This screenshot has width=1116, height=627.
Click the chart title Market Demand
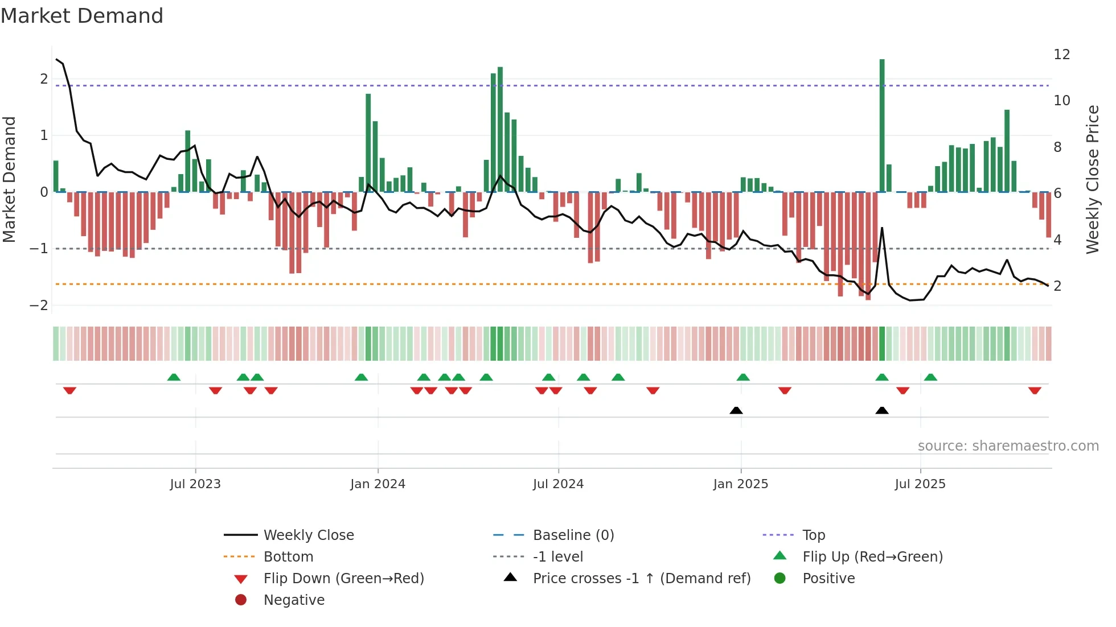[82, 16]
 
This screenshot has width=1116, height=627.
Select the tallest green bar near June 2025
[882, 125]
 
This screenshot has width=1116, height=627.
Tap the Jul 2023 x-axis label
[195, 484]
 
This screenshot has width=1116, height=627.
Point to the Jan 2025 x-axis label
[740, 484]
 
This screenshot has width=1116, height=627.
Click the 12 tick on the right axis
[1062, 55]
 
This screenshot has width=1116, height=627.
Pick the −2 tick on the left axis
[39, 306]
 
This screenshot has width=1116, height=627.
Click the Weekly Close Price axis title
[1092, 179]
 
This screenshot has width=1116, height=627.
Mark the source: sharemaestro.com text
[1008, 446]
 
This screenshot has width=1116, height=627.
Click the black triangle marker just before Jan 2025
[736, 410]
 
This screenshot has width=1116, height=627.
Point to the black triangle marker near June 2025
[882, 410]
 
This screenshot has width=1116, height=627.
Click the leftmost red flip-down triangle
[69, 390]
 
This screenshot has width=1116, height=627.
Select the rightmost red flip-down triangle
[1035, 390]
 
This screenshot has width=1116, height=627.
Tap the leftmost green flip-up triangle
[174, 377]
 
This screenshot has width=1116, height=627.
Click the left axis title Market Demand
[10, 179]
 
